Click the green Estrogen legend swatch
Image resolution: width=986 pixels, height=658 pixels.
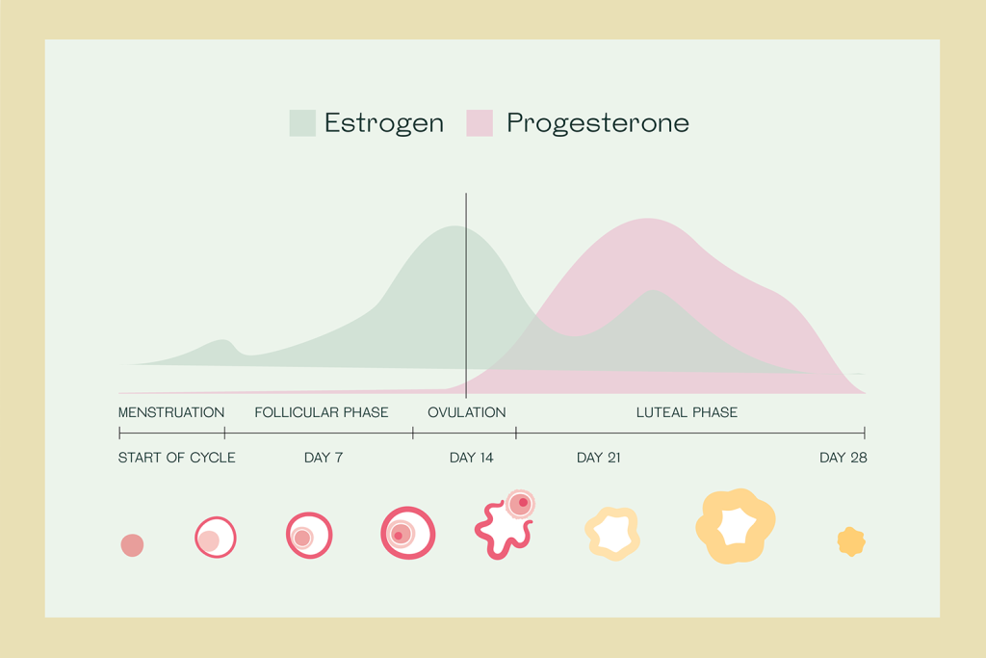tap(302, 123)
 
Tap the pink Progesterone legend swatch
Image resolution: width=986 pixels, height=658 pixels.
tap(480, 123)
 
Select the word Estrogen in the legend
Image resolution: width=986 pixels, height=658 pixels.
tap(383, 123)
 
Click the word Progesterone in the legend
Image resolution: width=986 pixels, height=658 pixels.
tap(597, 123)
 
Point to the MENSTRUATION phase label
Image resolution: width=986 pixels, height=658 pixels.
tap(171, 412)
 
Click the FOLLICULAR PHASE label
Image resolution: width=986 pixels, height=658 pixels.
tap(322, 412)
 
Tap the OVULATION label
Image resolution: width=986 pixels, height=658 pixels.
tap(466, 412)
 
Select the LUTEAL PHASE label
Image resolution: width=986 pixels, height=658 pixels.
tap(687, 412)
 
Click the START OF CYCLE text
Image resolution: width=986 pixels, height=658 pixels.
tap(176, 458)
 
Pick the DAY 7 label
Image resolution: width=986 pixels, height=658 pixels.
tap(324, 458)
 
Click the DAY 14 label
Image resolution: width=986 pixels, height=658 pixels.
tap(471, 458)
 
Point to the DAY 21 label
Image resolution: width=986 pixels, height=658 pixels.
tap(598, 458)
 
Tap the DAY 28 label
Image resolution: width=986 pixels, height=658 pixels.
tap(843, 458)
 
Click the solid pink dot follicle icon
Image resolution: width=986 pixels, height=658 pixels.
tap(132, 545)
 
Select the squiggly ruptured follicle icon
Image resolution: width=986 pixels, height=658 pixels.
tap(502, 527)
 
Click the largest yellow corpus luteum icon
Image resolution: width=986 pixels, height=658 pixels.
tap(735, 526)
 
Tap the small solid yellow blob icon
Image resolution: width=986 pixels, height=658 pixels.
tap(851, 541)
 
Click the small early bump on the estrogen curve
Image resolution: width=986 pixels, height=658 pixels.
tap(223, 341)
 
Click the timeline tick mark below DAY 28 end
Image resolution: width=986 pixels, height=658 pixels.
tap(864, 434)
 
